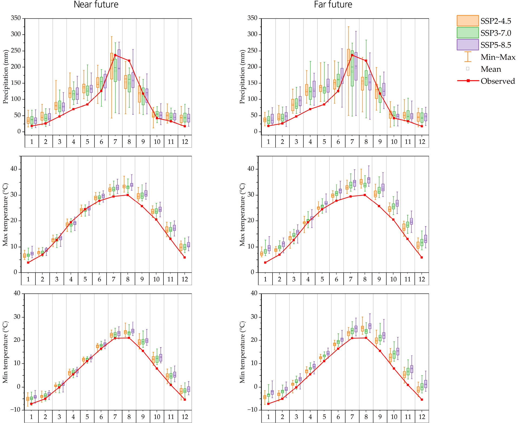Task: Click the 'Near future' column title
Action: [x=96, y=5]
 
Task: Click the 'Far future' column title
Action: [x=333, y=5]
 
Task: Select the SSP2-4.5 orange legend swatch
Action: [x=467, y=21]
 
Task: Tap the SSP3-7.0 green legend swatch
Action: [x=467, y=32]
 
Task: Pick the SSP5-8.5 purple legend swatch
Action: [x=467, y=44]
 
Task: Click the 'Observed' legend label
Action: [x=498, y=81]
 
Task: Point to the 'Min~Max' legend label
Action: [x=498, y=57]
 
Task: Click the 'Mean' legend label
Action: [x=491, y=69]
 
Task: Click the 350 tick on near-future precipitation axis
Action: [x=16, y=18]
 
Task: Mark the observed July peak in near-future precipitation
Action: [x=115, y=55]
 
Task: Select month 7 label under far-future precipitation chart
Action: [x=352, y=142]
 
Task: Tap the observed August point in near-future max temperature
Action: [x=128, y=195]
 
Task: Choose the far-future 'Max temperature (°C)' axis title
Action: [x=242, y=214]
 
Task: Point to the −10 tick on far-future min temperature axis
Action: [x=252, y=410]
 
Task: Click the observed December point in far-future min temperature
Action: [x=422, y=399]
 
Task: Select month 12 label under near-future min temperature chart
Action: [x=185, y=417]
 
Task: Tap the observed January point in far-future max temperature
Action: [x=265, y=262]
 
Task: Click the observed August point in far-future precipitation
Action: [x=366, y=61]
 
